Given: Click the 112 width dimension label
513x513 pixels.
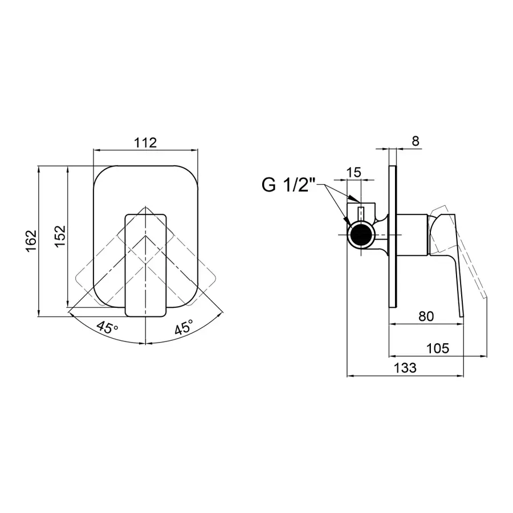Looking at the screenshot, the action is click(145, 142).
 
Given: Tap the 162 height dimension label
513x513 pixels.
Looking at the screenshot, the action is click(31, 241).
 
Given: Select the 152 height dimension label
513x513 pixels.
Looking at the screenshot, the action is click(60, 236).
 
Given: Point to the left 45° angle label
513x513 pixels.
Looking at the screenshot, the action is click(107, 327).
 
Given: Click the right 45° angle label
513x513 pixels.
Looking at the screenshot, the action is click(184, 327).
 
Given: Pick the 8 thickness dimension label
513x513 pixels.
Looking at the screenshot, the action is click(415, 141).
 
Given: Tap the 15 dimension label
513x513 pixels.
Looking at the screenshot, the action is click(353, 172).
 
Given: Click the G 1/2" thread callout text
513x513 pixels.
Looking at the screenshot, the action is click(288, 185).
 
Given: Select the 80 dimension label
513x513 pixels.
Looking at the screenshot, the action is click(426, 316).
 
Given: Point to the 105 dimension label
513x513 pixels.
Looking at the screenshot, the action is click(437, 348).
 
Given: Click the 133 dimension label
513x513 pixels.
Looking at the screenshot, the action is click(405, 368).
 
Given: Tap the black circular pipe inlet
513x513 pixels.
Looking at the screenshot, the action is click(361, 235).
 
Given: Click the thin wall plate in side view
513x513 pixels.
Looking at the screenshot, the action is click(393, 236).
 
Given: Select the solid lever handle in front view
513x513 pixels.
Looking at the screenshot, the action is click(145, 265).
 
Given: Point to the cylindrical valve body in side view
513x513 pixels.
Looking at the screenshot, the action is click(412, 235).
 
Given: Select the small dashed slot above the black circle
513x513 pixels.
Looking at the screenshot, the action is click(361, 214).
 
